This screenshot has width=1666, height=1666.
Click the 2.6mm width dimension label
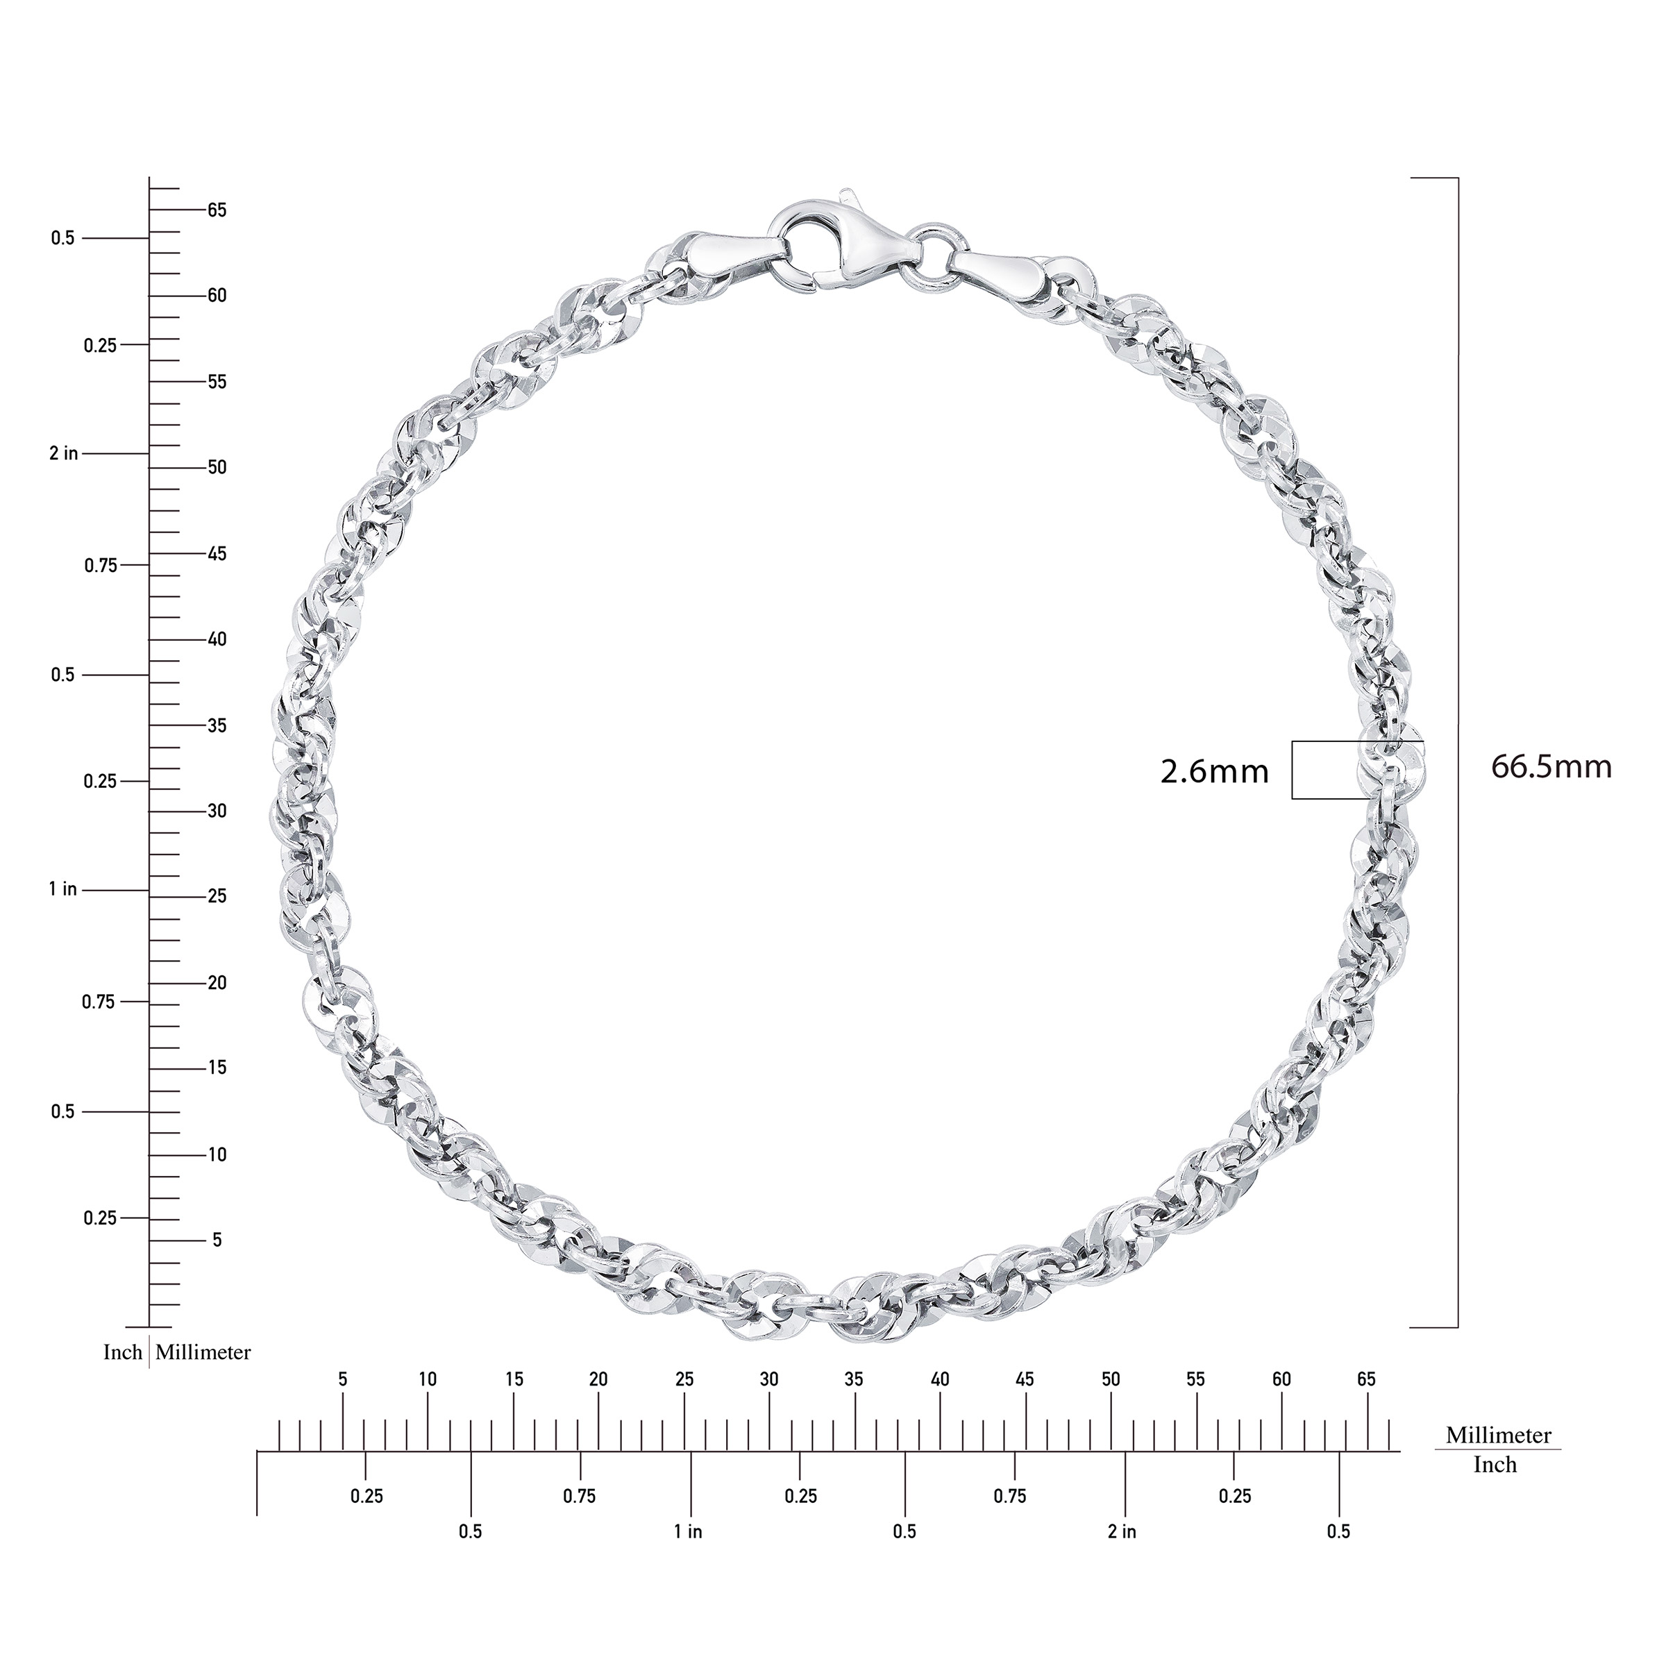(x=1214, y=772)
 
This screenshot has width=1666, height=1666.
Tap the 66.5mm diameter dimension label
(x=1551, y=766)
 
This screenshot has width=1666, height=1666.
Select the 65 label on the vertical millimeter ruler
(x=217, y=210)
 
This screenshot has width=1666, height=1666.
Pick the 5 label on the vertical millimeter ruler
(x=217, y=1240)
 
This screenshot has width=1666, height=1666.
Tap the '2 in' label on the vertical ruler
(x=64, y=453)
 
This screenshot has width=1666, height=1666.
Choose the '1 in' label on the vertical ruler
(x=63, y=889)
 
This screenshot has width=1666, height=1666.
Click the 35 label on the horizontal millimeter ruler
(x=854, y=1380)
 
